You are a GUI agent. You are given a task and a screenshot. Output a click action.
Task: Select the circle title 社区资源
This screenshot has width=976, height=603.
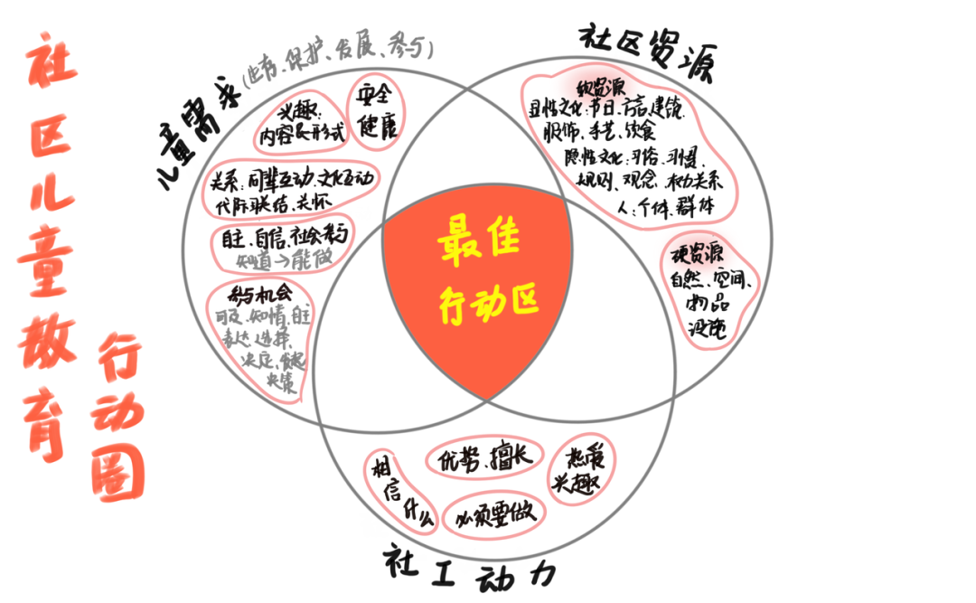(646, 52)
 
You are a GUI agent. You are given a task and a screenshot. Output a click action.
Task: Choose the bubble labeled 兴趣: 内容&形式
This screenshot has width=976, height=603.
(302, 125)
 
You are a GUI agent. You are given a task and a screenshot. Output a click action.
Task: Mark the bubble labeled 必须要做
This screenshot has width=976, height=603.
(494, 513)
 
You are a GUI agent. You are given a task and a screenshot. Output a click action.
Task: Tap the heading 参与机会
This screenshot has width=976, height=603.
(260, 294)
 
